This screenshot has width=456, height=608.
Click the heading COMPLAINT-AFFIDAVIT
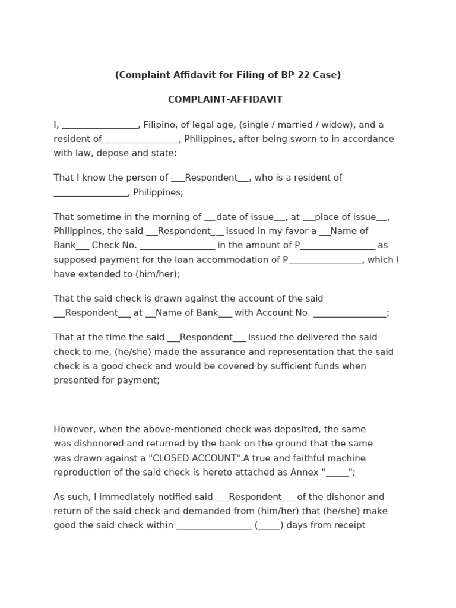[x=225, y=100]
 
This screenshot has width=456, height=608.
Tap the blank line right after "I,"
[x=100, y=126]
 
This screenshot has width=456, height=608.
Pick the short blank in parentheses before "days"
[x=269, y=526]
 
